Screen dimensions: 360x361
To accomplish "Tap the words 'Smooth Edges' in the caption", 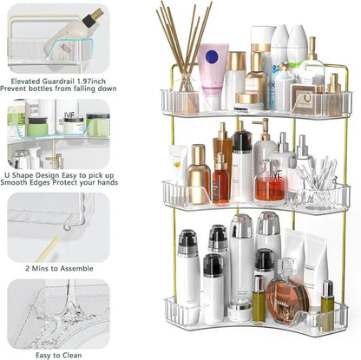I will pos(33,183).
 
